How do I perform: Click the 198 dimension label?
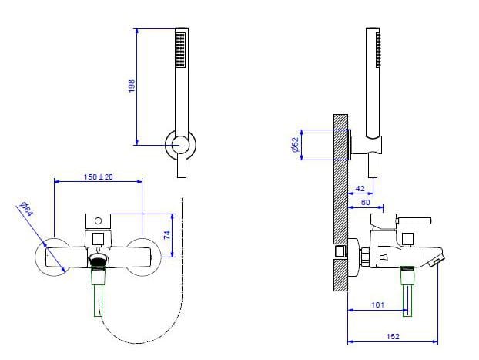tap(131, 87)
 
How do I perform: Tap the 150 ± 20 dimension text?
tap(98, 177)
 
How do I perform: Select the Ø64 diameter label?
tap(26, 207)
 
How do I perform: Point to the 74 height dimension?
tap(166, 235)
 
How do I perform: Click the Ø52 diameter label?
tap(294, 145)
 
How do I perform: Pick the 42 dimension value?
tap(360, 189)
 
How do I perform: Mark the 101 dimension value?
tap(377, 305)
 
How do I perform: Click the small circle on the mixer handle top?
tap(98, 220)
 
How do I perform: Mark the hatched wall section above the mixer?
tap(340, 177)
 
